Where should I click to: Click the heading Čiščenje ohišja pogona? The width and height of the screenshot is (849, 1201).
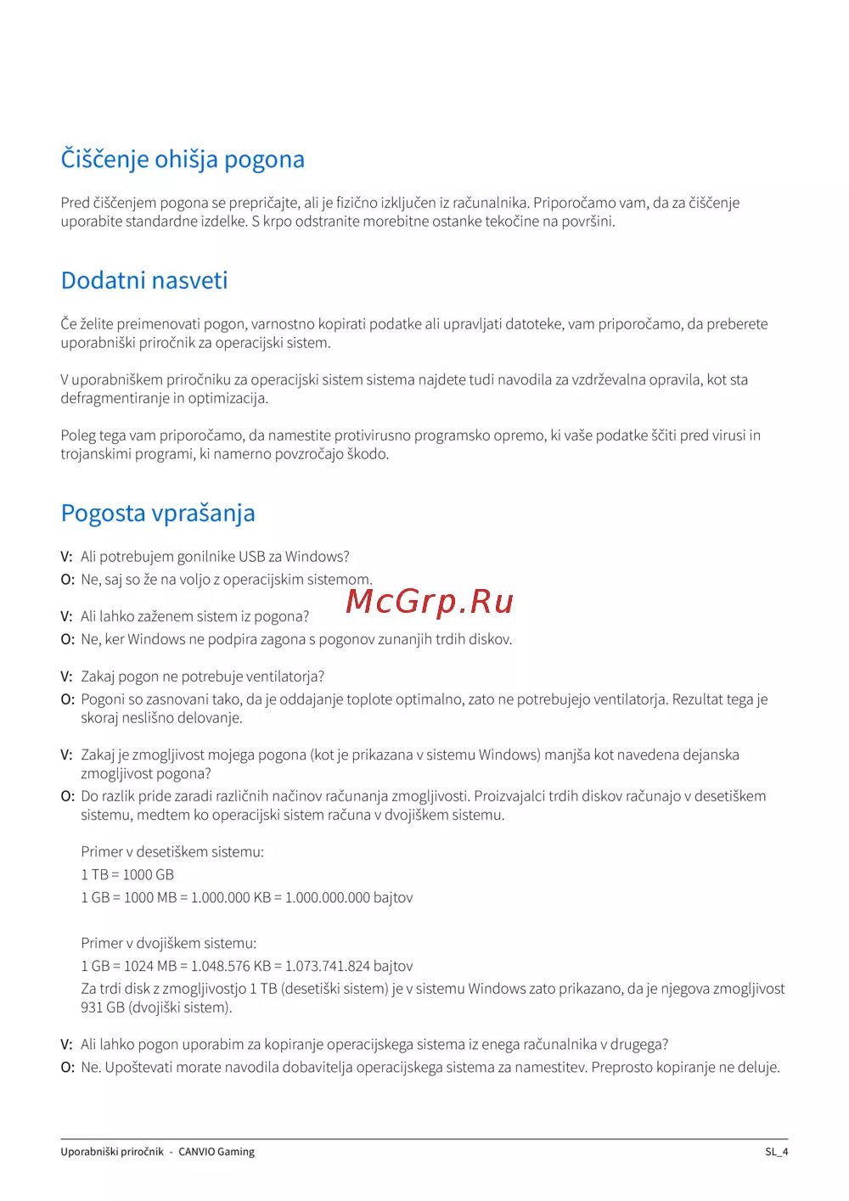183,160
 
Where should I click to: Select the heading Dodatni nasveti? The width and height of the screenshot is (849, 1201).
144,281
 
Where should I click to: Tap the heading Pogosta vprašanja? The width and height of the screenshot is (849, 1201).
158,514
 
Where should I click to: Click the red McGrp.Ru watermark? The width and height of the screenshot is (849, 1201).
430,601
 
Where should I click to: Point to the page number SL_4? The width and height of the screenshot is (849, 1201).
776,1152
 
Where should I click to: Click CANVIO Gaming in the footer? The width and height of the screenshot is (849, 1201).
216,1152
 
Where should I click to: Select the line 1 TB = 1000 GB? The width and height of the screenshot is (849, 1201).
127,874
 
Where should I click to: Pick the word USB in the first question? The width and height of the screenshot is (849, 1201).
252,557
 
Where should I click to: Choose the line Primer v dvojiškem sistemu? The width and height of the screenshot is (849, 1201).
168,943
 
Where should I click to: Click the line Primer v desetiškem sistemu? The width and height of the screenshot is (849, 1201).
172,851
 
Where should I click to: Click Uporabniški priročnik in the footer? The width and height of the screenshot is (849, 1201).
112,1152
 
